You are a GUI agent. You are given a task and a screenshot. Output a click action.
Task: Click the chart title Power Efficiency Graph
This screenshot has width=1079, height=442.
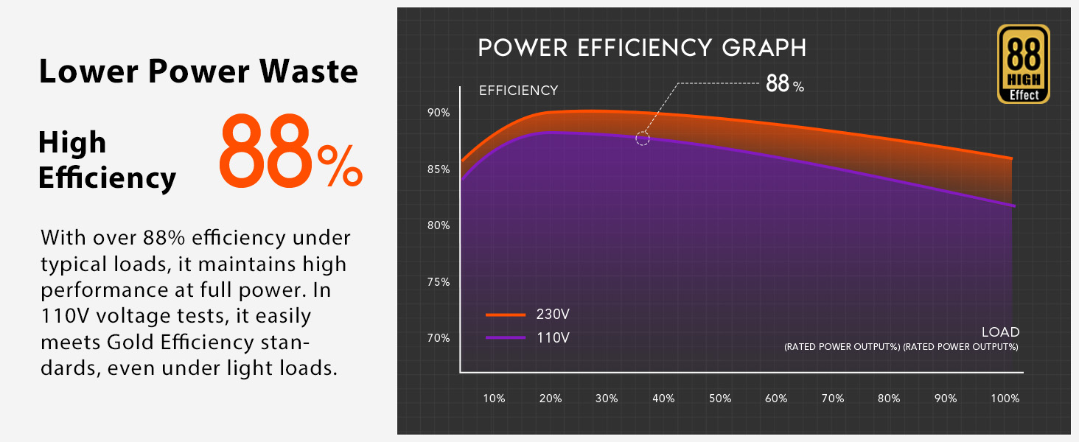(642, 49)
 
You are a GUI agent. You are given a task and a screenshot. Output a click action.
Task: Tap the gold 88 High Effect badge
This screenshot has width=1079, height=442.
(1023, 64)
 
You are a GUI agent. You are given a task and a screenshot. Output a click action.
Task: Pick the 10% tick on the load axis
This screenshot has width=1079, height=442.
(494, 399)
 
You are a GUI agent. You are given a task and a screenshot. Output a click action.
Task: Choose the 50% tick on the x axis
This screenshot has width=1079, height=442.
(720, 399)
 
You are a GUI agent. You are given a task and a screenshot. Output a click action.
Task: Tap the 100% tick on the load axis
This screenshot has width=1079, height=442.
(1005, 399)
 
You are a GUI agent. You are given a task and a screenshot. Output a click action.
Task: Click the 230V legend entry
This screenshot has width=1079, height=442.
(528, 315)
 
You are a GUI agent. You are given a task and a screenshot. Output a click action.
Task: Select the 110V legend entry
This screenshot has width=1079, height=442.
(528, 338)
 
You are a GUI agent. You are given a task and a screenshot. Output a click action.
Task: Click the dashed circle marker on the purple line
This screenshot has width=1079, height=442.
(643, 138)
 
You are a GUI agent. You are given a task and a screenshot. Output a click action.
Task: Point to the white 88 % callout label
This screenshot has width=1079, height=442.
(784, 84)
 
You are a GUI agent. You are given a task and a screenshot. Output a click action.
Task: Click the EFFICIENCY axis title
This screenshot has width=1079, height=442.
(518, 91)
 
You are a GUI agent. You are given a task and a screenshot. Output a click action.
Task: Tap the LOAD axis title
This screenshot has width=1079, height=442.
(1000, 332)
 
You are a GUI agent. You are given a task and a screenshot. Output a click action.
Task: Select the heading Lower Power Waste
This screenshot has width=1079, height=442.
(198, 72)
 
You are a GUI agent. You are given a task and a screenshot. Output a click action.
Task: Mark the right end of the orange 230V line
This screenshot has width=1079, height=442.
(1011, 158)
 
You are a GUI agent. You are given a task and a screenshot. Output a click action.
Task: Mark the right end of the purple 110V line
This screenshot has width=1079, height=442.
(1014, 206)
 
